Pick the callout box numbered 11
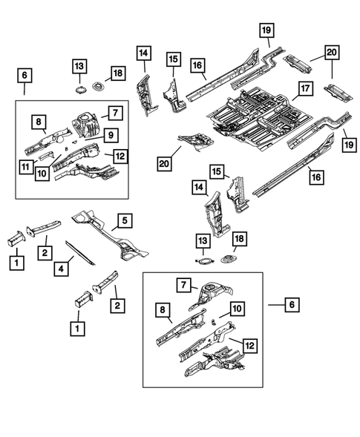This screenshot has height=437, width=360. (x=24, y=168)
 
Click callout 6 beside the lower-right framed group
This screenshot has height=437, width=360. (x=293, y=304)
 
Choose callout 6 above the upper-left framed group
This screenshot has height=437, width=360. (x=24, y=76)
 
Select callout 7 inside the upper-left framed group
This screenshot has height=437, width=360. (x=114, y=113)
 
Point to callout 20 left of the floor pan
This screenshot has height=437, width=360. (x=163, y=162)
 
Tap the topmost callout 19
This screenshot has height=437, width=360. (x=265, y=30)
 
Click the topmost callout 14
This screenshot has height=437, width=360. (x=143, y=53)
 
